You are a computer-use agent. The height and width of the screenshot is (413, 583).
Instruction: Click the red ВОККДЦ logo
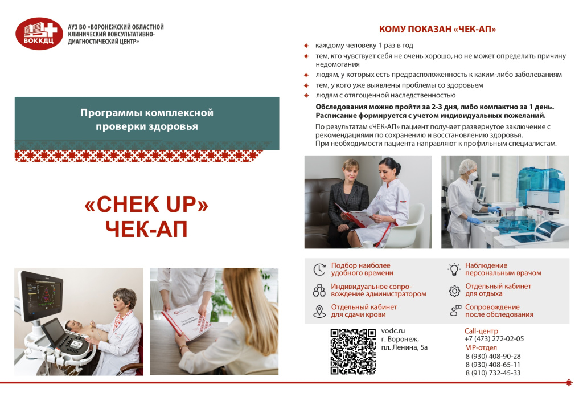click(39, 34)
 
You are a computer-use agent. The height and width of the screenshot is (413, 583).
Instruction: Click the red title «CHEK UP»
click(146, 206)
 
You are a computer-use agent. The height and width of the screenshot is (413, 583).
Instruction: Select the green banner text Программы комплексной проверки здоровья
click(146, 119)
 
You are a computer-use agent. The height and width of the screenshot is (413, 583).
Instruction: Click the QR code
click(353, 351)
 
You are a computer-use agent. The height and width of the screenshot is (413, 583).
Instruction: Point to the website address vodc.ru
click(393, 330)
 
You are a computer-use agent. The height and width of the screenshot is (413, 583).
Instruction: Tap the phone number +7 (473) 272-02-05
click(494, 338)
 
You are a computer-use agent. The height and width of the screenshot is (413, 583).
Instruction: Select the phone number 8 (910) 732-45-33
click(492, 373)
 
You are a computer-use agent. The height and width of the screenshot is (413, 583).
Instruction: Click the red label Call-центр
click(481, 330)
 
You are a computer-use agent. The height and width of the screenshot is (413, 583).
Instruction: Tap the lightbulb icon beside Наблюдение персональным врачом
click(454, 269)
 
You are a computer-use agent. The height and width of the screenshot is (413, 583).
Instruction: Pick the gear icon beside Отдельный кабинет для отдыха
click(454, 290)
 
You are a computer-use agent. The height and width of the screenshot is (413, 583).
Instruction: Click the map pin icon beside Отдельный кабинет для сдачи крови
click(319, 310)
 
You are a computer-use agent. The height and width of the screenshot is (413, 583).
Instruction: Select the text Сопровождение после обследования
click(499, 310)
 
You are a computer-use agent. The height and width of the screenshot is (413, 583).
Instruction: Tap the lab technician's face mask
click(471, 177)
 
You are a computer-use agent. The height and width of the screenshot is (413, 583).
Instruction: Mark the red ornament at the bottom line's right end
click(568, 382)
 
